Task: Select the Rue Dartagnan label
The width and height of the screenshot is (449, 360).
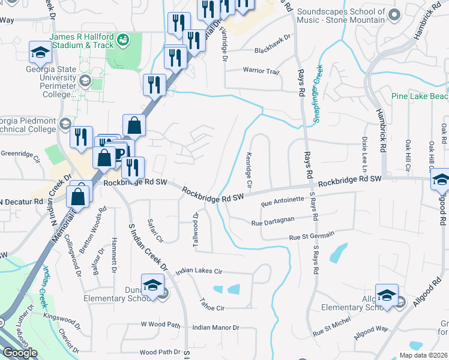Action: (273, 223)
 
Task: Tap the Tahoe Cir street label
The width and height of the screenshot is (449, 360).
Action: (212, 308)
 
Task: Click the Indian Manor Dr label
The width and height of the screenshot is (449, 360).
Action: (216, 328)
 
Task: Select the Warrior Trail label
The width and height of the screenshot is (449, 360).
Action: (261, 71)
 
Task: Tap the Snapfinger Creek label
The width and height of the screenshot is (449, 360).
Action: (318, 93)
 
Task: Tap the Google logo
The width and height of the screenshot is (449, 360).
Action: (20, 353)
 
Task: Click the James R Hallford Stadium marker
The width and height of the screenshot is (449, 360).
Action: (123, 40)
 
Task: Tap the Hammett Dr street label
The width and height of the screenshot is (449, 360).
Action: (113, 247)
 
